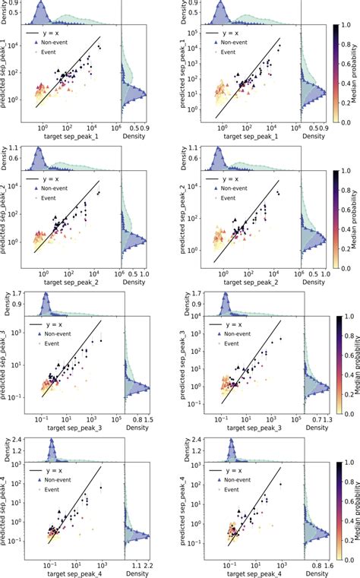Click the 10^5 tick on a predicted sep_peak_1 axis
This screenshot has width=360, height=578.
(201, 34)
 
